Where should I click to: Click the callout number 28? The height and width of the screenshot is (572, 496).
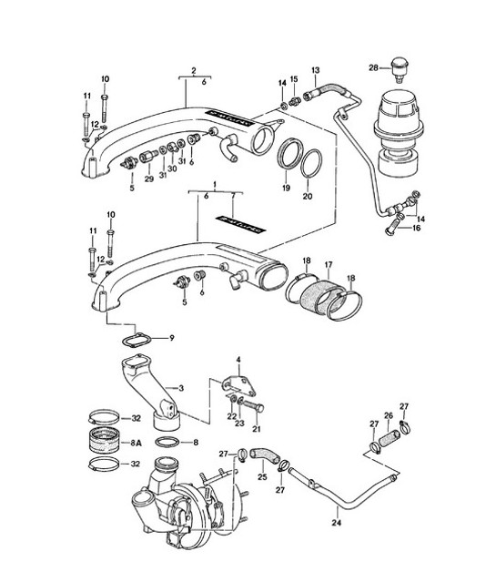coord(373,67)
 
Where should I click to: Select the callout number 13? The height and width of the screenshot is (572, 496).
coord(315,69)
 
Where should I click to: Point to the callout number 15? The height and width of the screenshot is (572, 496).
coord(293,79)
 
